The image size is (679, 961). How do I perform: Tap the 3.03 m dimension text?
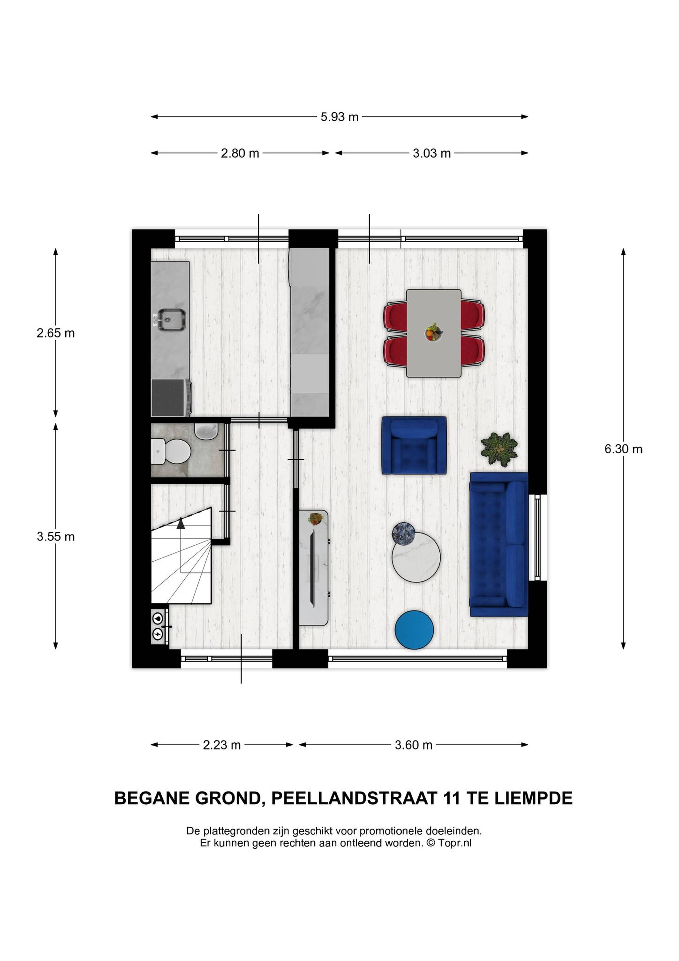[x=432, y=154]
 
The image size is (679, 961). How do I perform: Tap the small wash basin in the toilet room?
[x=206, y=431]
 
